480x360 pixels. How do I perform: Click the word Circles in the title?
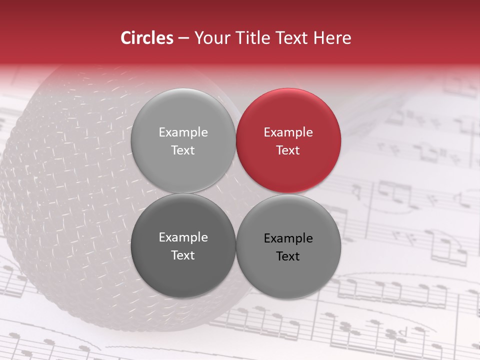pos(146,38)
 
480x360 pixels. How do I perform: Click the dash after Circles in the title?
pos(183,38)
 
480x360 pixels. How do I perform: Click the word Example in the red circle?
pos(288,132)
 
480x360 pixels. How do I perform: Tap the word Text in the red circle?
pos(288,150)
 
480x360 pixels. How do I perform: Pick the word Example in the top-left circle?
pos(183,132)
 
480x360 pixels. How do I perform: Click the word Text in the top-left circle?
pos(183,150)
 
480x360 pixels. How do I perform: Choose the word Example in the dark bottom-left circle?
pos(183,237)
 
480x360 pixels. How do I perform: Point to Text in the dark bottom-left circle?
pos(183,255)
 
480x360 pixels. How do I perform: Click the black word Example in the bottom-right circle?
pos(288,238)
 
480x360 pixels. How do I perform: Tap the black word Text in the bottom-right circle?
pos(288,256)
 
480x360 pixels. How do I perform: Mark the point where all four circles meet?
pos(235,193)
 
